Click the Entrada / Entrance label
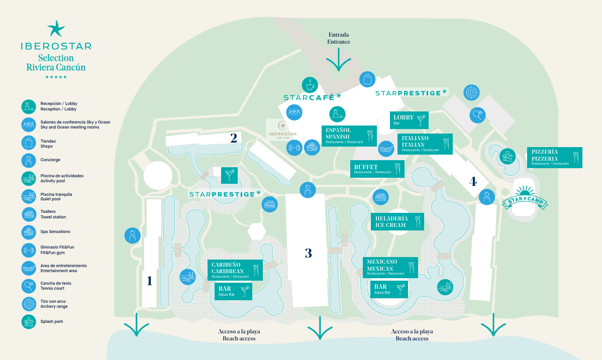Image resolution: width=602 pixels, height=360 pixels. pos(339,39)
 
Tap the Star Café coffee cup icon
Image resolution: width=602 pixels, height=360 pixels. pos(310,85)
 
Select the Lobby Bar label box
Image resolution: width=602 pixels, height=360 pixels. pos(409,120)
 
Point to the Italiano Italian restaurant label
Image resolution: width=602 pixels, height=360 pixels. pos(425,144)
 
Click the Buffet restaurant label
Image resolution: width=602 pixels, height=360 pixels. pos(377,169)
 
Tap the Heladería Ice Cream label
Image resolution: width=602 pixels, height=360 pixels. pos(397,221)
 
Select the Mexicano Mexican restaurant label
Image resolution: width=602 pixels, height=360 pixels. pos(390,267)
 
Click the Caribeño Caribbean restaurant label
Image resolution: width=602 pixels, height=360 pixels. pos(235,270)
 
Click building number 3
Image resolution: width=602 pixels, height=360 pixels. pos(309,253)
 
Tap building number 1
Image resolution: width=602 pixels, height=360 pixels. pos(149,281)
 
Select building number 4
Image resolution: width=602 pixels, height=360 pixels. pos(472,181)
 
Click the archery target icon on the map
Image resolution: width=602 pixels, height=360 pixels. pos(471,92)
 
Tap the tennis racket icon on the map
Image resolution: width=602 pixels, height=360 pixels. pos(478,115)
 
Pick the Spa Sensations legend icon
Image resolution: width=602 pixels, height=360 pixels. pos(29,232)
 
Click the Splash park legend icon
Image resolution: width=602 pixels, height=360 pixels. pos(29,321)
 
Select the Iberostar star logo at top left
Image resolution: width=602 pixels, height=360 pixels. pos(56,28)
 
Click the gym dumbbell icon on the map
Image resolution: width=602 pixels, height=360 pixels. pos(293,148)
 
